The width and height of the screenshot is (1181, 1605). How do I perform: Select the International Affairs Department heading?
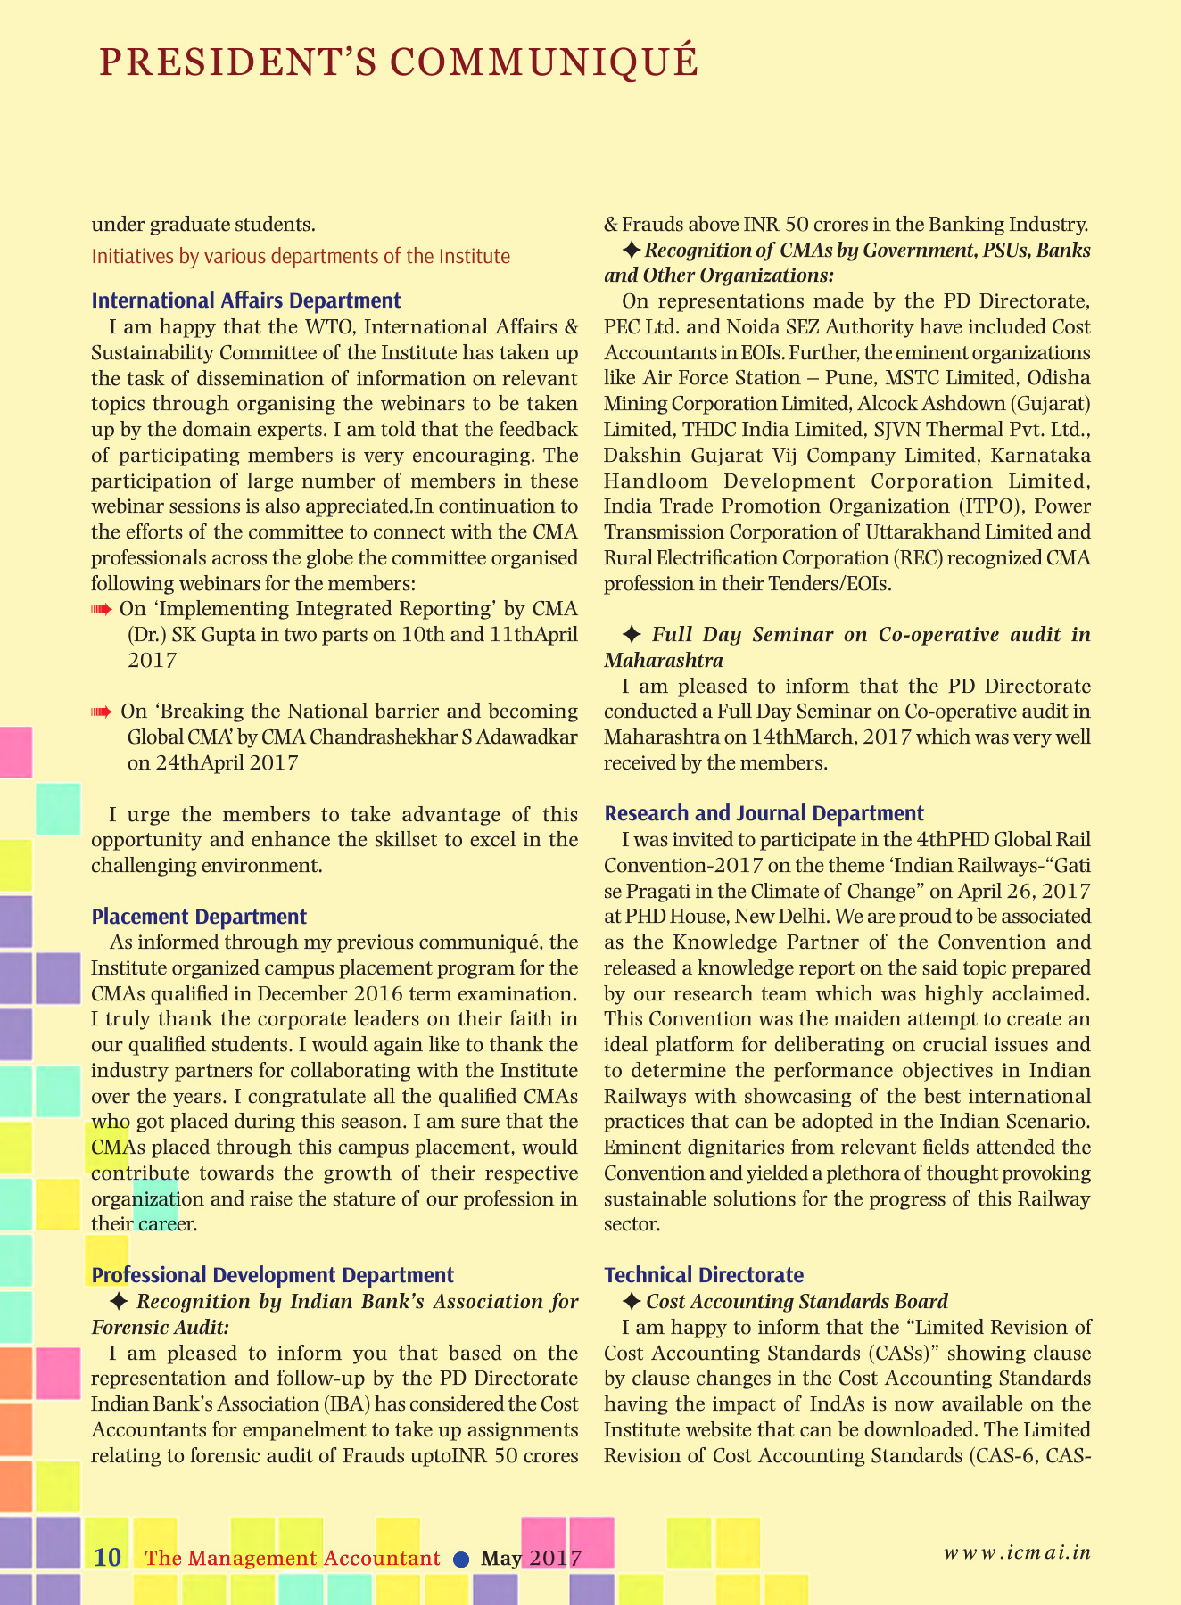tap(246, 300)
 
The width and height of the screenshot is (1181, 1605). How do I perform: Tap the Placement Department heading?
tap(199, 917)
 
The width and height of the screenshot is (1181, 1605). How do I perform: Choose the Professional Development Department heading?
tap(272, 1275)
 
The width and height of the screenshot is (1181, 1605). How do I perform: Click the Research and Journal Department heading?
tap(764, 813)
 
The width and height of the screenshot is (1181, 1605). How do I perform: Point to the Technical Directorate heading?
tap(704, 1275)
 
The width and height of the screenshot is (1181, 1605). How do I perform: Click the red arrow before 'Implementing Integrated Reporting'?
tap(102, 610)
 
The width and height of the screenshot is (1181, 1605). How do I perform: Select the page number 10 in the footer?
tap(107, 1558)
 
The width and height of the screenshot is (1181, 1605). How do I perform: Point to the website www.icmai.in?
tap(1017, 1551)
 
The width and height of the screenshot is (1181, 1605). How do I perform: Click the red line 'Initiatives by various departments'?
tap(301, 257)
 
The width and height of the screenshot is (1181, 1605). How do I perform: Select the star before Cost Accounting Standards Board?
tap(631, 1302)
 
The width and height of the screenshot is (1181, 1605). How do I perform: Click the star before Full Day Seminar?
tap(631, 635)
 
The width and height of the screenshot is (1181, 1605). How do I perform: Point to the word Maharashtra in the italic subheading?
tap(663, 661)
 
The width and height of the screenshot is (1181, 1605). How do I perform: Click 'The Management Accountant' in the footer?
tap(293, 1559)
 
